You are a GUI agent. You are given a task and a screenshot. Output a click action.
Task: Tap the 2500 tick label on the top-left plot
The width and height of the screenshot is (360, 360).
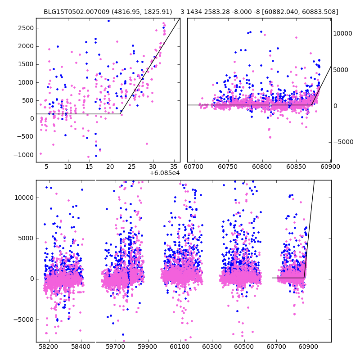(x=25, y=28)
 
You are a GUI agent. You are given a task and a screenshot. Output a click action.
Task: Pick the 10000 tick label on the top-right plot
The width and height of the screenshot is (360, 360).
(x=343, y=33)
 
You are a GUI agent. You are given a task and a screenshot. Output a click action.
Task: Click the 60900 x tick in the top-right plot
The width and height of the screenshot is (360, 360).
(x=330, y=166)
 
